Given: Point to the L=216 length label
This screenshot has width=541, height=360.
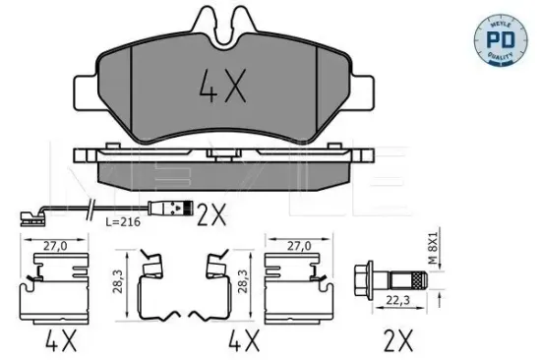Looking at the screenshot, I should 123,223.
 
